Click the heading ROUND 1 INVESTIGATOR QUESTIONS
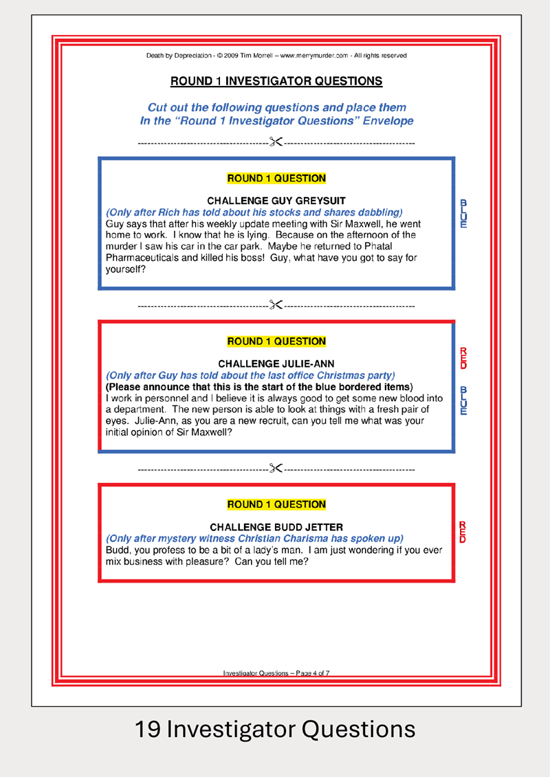[x=276, y=81]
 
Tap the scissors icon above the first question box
[x=276, y=143]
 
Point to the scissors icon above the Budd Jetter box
[x=276, y=469]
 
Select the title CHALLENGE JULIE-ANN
[x=276, y=363]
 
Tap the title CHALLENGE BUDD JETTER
[x=276, y=527]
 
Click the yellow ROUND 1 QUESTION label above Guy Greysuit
[x=276, y=179]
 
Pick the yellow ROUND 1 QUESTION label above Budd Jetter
[x=276, y=504]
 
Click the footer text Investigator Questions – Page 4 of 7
[x=276, y=673]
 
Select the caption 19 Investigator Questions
[x=275, y=729]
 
